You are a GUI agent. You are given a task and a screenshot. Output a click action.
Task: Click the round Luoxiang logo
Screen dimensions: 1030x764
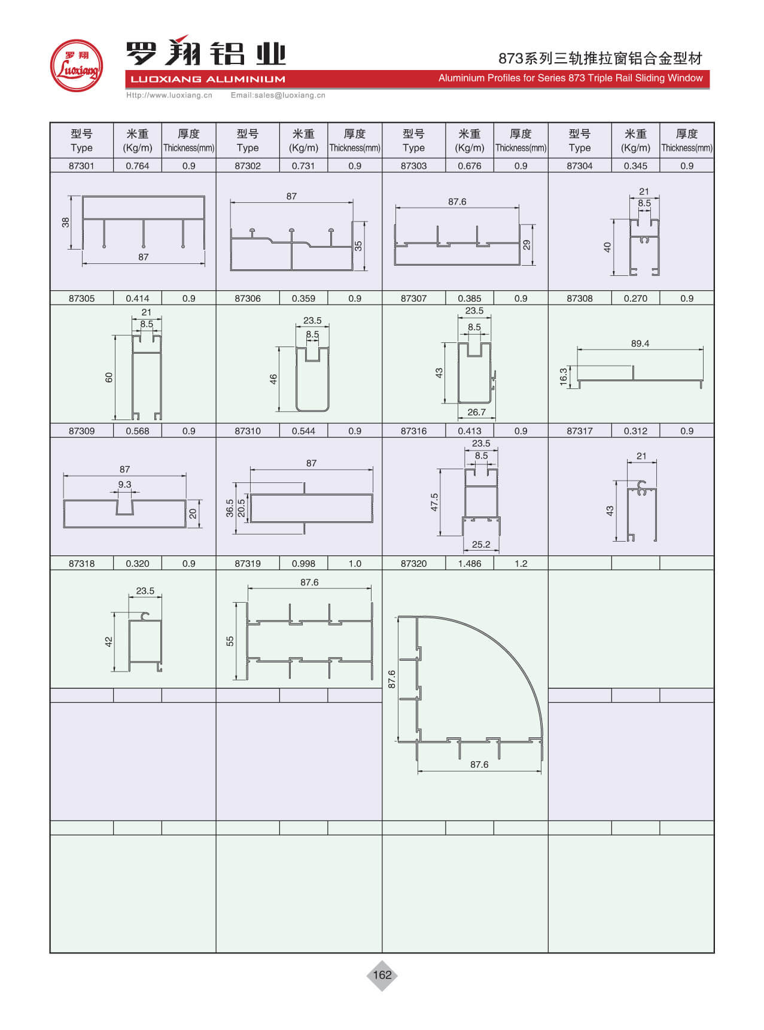click(x=77, y=66)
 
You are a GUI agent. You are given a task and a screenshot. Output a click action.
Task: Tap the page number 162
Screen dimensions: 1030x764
click(x=382, y=974)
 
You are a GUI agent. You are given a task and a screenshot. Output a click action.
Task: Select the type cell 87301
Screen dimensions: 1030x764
click(x=81, y=166)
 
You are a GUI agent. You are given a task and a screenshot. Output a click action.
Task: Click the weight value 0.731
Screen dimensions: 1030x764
click(x=303, y=166)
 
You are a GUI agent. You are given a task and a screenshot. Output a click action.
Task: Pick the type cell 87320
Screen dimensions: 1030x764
click(x=413, y=563)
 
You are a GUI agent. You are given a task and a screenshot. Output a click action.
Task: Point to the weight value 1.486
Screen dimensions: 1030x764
click(x=470, y=563)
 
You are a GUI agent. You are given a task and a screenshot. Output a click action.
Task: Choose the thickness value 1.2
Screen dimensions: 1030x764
click(x=521, y=563)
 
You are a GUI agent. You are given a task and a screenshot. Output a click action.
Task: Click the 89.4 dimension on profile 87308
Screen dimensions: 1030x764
click(x=640, y=344)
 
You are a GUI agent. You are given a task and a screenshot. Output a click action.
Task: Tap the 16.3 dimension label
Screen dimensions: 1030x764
click(x=564, y=377)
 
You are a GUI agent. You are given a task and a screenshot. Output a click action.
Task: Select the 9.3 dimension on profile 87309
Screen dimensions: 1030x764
click(x=124, y=484)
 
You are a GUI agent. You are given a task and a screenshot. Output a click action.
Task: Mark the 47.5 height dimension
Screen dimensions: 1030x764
click(x=434, y=502)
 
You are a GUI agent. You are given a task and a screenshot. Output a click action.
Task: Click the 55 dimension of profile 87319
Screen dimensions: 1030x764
click(x=230, y=641)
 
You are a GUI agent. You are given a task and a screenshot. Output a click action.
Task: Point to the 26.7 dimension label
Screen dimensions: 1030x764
click(x=476, y=412)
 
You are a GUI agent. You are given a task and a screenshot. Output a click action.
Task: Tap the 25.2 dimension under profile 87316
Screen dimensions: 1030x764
click(x=481, y=545)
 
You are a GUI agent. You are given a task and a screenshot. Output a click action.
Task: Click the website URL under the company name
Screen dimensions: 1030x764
click(x=169, y=95)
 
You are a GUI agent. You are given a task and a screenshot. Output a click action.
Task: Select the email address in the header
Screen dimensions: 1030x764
click(x=278, y=95)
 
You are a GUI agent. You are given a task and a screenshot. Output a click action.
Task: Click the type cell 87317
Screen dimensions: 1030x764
click(x=579, y=431)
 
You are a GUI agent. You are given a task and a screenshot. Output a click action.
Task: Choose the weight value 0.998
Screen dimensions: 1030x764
click(x=303, y=563)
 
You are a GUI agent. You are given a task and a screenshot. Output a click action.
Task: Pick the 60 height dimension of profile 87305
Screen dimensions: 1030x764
click(x=109, y=378)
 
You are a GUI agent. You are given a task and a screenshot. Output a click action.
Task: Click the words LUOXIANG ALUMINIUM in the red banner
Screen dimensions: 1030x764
click(x=208, y=79)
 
